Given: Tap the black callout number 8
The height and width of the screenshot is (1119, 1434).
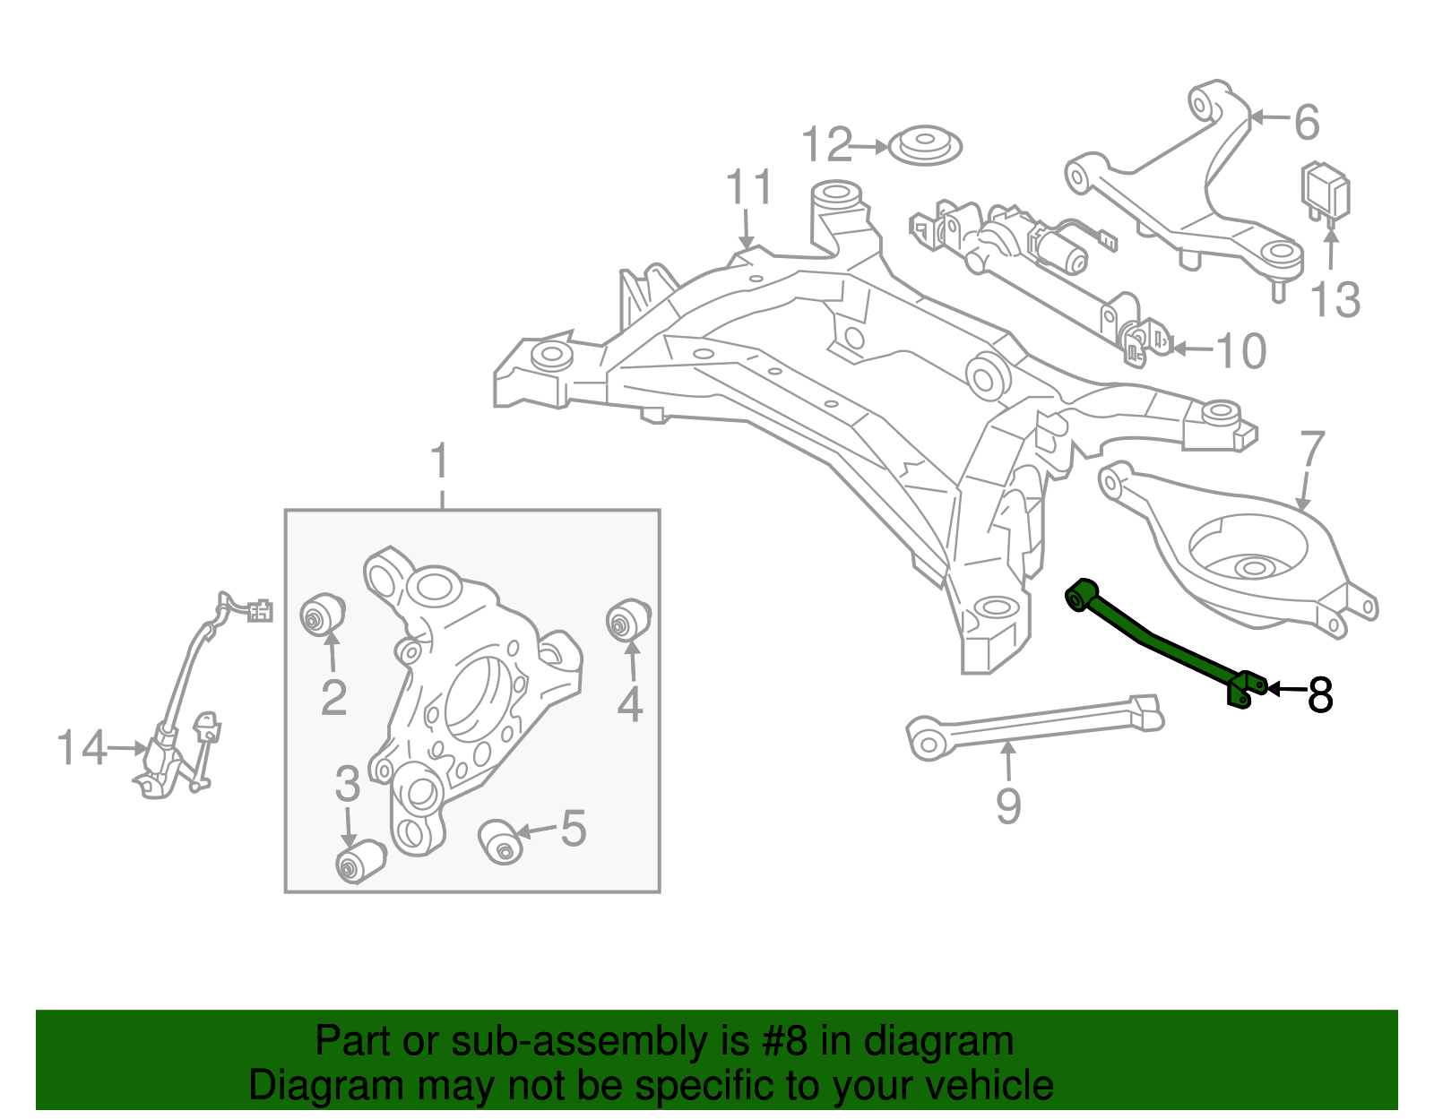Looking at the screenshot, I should tap(1320, 694).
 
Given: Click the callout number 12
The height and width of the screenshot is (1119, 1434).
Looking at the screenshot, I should tap(826, 145).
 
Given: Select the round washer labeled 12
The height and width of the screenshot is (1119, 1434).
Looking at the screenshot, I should tap(925, 145).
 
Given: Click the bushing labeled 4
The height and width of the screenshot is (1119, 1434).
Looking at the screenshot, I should tap(627, 620).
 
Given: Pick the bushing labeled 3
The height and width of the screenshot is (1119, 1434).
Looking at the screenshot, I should tap(358, 861).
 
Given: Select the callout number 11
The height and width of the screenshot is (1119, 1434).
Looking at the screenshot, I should tap(748, 188).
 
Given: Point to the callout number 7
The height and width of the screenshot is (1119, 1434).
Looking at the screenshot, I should tap(1311, 451).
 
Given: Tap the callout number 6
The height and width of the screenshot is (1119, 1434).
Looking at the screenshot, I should tap(1307, 122).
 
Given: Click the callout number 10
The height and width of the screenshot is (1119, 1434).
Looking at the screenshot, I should tap(1240, 351).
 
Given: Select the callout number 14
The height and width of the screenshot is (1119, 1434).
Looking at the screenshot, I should tap(82, 747).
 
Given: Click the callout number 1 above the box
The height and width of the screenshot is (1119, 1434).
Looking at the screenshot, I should tap(439, 462).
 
